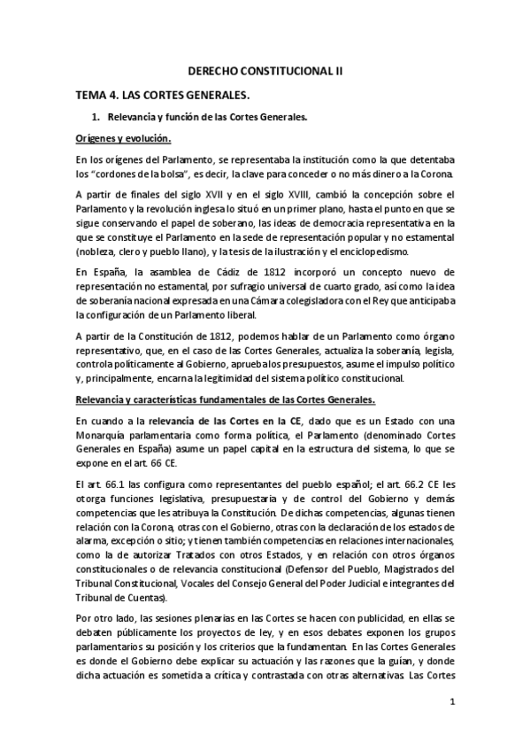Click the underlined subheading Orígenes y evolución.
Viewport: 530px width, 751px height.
(122, 139)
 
